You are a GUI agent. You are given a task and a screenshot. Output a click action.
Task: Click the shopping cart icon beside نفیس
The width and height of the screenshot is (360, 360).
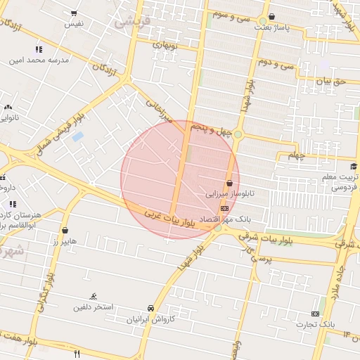[74, 13]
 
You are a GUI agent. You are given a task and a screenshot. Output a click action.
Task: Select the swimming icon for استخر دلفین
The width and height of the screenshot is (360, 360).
[94, 297]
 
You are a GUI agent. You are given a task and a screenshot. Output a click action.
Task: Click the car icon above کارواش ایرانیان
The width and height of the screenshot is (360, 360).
[150, 308]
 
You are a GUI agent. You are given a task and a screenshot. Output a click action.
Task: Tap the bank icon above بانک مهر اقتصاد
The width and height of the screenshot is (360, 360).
[224, 209]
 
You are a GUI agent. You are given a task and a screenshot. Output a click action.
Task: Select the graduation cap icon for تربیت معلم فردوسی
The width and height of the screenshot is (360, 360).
[353, 167]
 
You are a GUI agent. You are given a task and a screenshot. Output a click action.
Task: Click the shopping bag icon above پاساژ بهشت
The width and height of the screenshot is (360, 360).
[271, 17]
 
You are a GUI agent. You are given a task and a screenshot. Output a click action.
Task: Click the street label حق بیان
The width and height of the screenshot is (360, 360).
[330, 82]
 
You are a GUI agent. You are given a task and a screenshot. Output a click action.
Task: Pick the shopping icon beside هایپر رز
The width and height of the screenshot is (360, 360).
[65, 230]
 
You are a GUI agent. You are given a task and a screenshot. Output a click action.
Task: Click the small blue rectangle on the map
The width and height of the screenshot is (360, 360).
[77, 136]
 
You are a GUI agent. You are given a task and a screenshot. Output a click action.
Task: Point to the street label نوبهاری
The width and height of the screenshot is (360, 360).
[167, 45]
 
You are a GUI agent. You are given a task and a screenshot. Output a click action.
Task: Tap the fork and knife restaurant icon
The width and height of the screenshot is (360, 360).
[77, 353]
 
